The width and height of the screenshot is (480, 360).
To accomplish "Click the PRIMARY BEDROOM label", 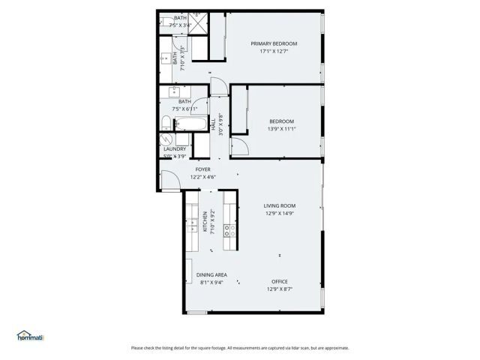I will coord(274,43).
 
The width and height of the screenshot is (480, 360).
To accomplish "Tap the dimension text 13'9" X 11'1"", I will coord(281,128).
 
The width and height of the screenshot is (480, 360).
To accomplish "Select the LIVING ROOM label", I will coord(280,205).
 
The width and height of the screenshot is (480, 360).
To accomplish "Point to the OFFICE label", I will coord(280,281).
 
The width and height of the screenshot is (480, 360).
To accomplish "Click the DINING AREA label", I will coord(212,274).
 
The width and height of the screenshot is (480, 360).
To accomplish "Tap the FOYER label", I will coord(203,169).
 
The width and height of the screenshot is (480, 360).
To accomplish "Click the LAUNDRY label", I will coord(175,148).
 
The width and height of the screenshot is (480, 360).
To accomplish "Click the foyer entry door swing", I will coord(168,181).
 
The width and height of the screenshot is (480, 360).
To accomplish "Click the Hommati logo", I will coord(31,337).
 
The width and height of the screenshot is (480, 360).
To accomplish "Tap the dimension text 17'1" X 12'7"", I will coord(274,52).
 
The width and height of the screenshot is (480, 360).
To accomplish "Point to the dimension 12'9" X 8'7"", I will coord(280,289).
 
